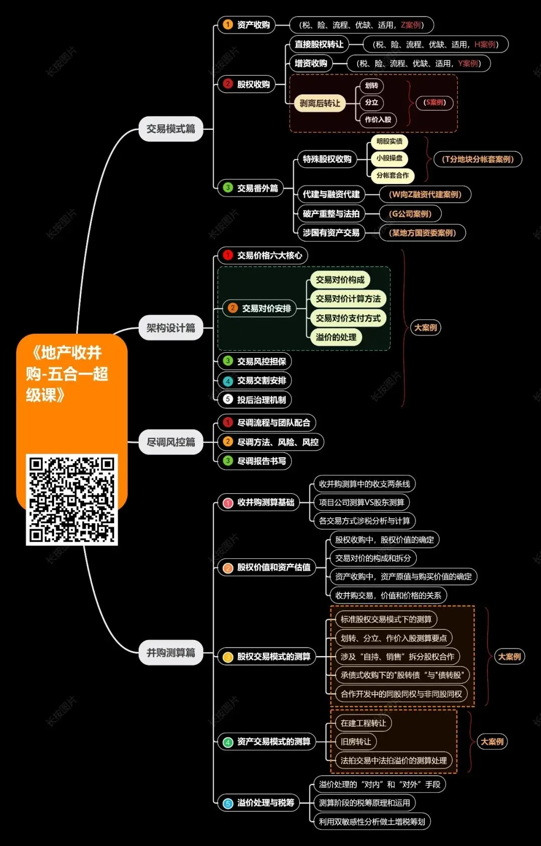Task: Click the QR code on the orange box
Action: point(72,500)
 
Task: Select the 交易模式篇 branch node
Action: point(171,129)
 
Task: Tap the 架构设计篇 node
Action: point(171,328)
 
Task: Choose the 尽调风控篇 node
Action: point(171,442)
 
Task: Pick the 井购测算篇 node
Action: point(171,653)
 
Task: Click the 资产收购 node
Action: point(246,25)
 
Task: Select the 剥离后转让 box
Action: point(320,103)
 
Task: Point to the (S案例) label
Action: point(434,103)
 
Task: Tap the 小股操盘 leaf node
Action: point(389,158)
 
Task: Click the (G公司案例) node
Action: point(410,214)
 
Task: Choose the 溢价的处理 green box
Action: point(336,337)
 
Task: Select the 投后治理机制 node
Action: point(254,399)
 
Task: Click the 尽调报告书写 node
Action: point(254,461)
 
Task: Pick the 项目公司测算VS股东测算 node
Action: point(361,502)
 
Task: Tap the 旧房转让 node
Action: point(356,741)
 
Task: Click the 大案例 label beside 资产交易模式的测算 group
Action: point(492,741)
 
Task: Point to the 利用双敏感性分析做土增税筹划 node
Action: point(372,821)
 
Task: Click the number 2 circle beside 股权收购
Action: point(228,84)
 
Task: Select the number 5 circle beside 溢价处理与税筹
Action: point(228,803)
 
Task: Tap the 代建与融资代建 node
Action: point(331,194)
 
